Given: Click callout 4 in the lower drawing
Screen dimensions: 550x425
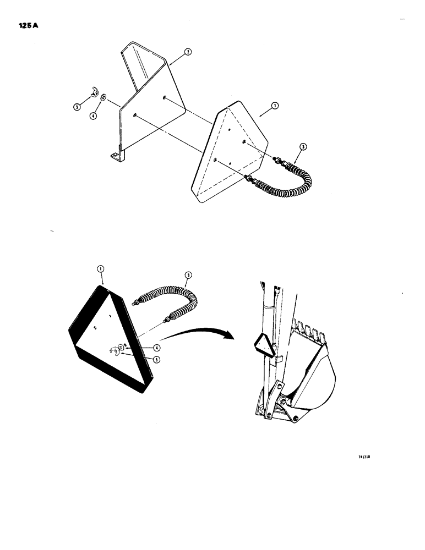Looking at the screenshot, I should [x=157, y=348].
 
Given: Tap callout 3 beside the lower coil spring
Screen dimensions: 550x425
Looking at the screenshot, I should [x=188, y=275].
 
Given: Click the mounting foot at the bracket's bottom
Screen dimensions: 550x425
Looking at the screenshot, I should [x=115, y=157].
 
